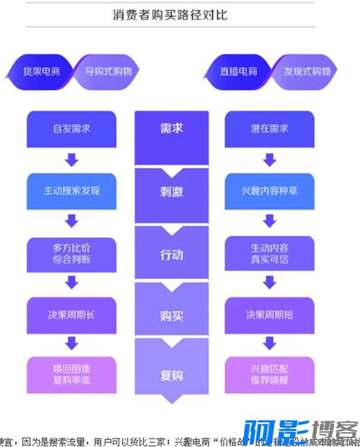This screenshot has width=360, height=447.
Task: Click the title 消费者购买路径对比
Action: click(170, 15)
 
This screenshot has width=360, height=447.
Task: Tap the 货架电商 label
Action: click(41, 71)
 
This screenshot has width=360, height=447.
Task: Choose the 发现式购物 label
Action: click(307, 71)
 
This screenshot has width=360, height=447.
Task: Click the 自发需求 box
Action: click(71, 128)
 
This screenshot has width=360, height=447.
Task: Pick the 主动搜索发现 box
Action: click(71, 191)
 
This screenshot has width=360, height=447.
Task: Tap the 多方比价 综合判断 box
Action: click(71, 253)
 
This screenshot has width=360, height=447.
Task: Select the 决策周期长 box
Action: click(71, 314)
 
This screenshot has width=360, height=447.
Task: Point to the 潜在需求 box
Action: click(269, 128)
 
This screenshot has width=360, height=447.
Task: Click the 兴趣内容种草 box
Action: click(269, 191)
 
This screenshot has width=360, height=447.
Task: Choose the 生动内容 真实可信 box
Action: click(269, 253)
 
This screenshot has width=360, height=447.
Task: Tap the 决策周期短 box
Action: click(269, 314)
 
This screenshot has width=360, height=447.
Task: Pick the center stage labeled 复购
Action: click(171, 376)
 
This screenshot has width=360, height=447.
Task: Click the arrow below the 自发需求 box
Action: click(71, 160)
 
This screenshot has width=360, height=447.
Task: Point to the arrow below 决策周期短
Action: click(269, 343)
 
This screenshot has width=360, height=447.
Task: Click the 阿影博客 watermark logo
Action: click(300, 433)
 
